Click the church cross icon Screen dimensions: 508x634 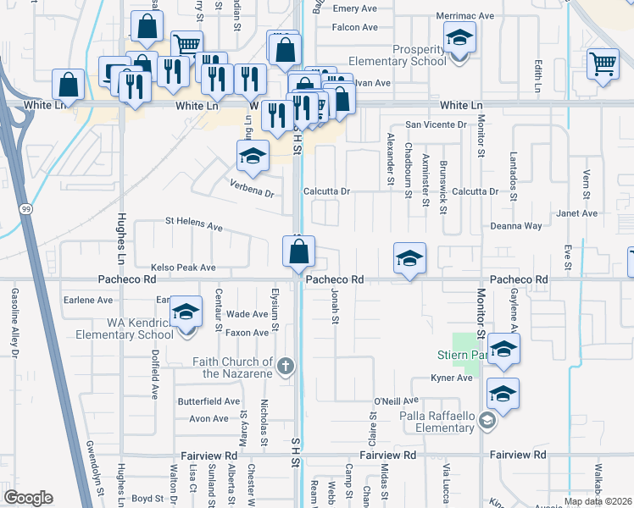(x=286, y=367)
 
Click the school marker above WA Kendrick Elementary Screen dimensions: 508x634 (x=186, y=312)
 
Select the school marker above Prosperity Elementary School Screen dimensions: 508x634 (x=459, y=38)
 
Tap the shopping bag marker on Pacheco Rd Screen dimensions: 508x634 (x=298, y=252)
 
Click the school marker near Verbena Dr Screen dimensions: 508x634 (x=253, y=156)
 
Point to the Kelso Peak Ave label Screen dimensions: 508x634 (x=184, y=268)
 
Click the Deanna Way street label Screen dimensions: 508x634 (x=516, y=226)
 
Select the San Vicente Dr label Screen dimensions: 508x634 (x=436, y=124)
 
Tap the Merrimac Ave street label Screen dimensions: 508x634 (x=464, y=15)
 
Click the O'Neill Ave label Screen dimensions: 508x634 (x=397, y=400)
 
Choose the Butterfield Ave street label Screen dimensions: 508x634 (x=209, y=401)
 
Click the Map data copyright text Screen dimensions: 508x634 (x=598, y=501)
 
